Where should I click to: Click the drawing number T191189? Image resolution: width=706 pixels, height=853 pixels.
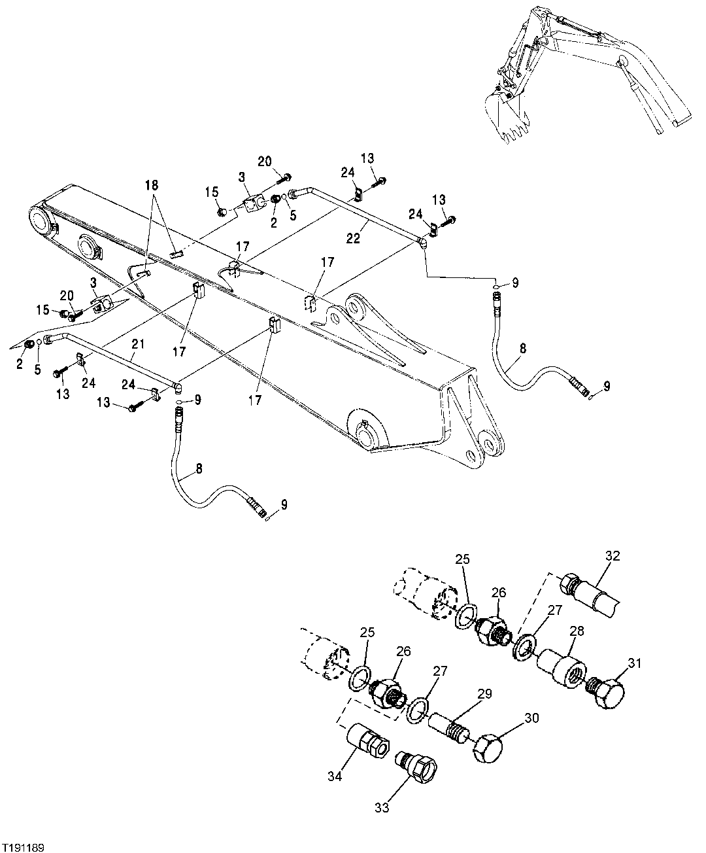coord(24,847)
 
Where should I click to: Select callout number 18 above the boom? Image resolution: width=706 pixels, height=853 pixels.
coord(152,185)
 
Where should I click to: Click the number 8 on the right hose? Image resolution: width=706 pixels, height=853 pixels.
coord(522,349)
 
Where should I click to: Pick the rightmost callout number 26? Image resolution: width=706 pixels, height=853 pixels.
coord(499,593)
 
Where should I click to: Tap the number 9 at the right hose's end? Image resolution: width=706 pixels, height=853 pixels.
coord(607,387)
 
